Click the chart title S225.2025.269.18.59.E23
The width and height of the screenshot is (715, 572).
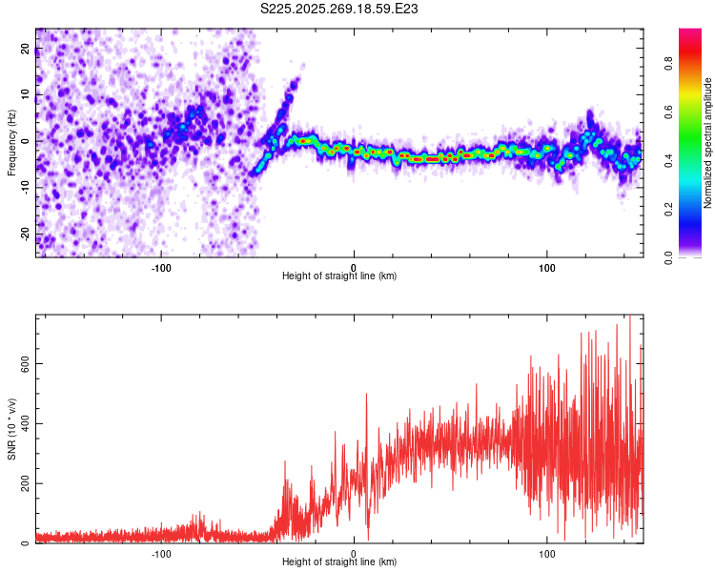(340, 10)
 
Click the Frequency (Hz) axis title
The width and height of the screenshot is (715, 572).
(11, 142)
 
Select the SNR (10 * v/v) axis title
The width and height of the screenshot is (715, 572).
(11, 429)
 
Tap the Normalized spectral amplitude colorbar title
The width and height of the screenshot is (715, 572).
(708, 142)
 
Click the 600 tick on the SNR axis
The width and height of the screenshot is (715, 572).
(26, 363)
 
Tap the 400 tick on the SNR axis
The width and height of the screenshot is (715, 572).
(26, 423)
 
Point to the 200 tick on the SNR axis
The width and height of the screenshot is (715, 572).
(26, 483)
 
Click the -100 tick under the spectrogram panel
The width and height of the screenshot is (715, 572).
(161, 267)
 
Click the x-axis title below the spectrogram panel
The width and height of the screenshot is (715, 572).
(339, 276)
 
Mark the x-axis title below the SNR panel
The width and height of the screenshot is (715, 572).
(339, 562)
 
